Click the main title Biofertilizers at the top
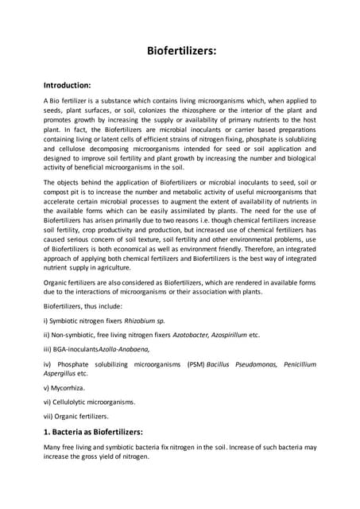tap(181, 51)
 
